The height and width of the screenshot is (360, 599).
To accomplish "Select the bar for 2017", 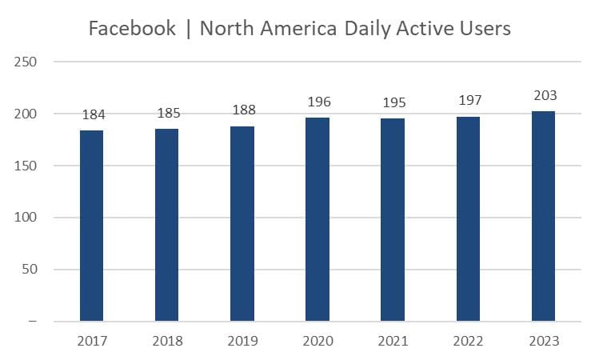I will [x=91, y=226].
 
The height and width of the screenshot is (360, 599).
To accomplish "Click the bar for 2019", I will [x=242, y=224].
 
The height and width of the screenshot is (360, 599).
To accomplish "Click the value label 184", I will [x=94, y=116].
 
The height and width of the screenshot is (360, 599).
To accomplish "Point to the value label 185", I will [x=167, y=114].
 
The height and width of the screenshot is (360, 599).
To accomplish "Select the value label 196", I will [x=317, y=102].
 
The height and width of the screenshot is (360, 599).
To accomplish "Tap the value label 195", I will [x=393, y=104].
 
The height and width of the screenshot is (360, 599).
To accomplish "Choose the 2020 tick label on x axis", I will [x=317, y=341].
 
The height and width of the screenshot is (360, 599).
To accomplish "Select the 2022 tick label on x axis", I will [x=468, y=341].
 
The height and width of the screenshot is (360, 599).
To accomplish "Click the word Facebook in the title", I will [x=132, y=29].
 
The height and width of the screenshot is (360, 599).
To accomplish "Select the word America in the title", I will [x=303, y=29].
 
